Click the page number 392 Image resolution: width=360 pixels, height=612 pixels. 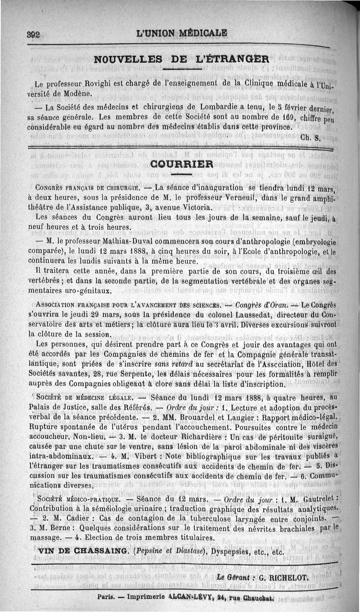point(34,35)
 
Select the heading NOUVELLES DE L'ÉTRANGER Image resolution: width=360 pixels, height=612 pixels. point(181,59)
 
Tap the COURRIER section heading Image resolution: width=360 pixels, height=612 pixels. point(181,164)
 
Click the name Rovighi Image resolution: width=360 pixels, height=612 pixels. point(103,84)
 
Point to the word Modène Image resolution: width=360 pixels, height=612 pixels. point(79,94)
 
